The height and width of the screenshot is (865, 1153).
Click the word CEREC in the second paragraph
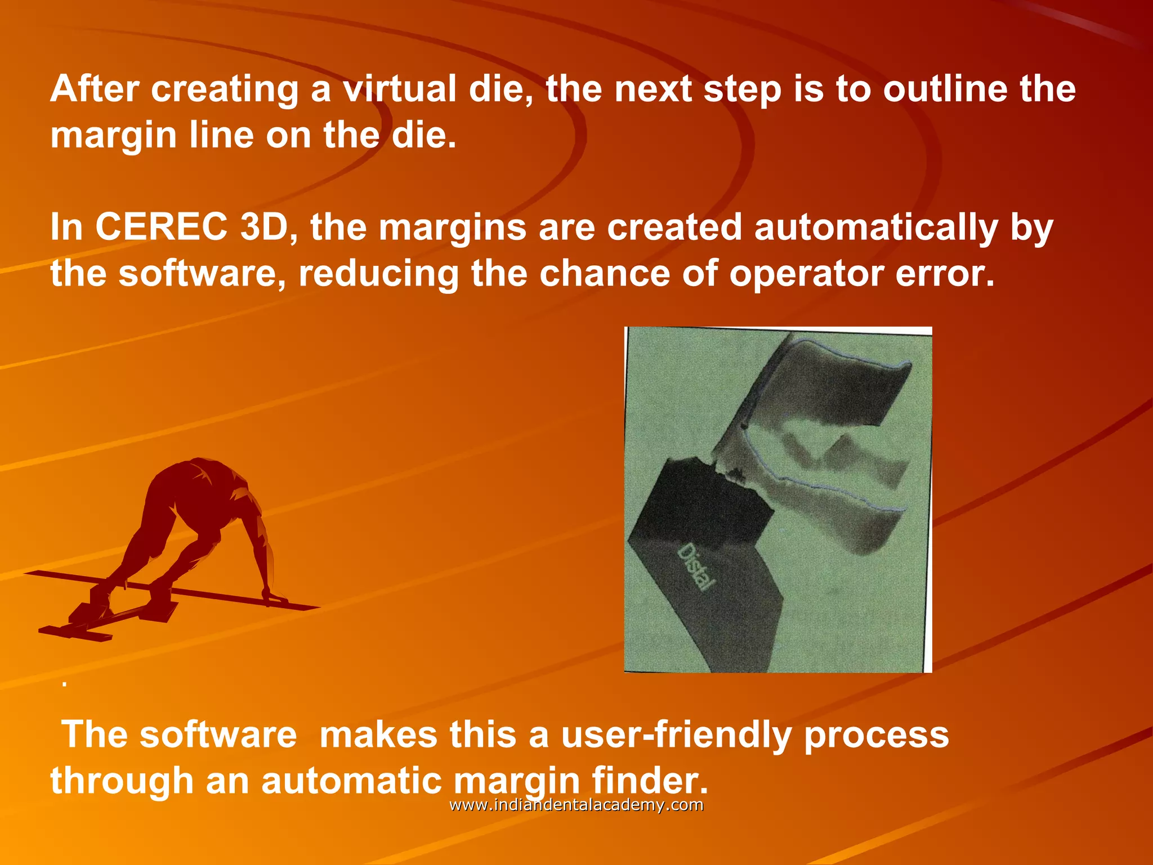tap(162, 227)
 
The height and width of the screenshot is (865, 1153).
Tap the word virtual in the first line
tap(400, 89)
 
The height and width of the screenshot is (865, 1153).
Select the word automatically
tap(875, 228)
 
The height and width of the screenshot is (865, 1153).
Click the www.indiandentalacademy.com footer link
tap(576, 805)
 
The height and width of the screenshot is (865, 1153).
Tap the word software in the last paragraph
tap(218, 734)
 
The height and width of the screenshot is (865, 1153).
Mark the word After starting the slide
tap(95, 89)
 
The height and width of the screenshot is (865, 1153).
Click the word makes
tap(378, 734)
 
